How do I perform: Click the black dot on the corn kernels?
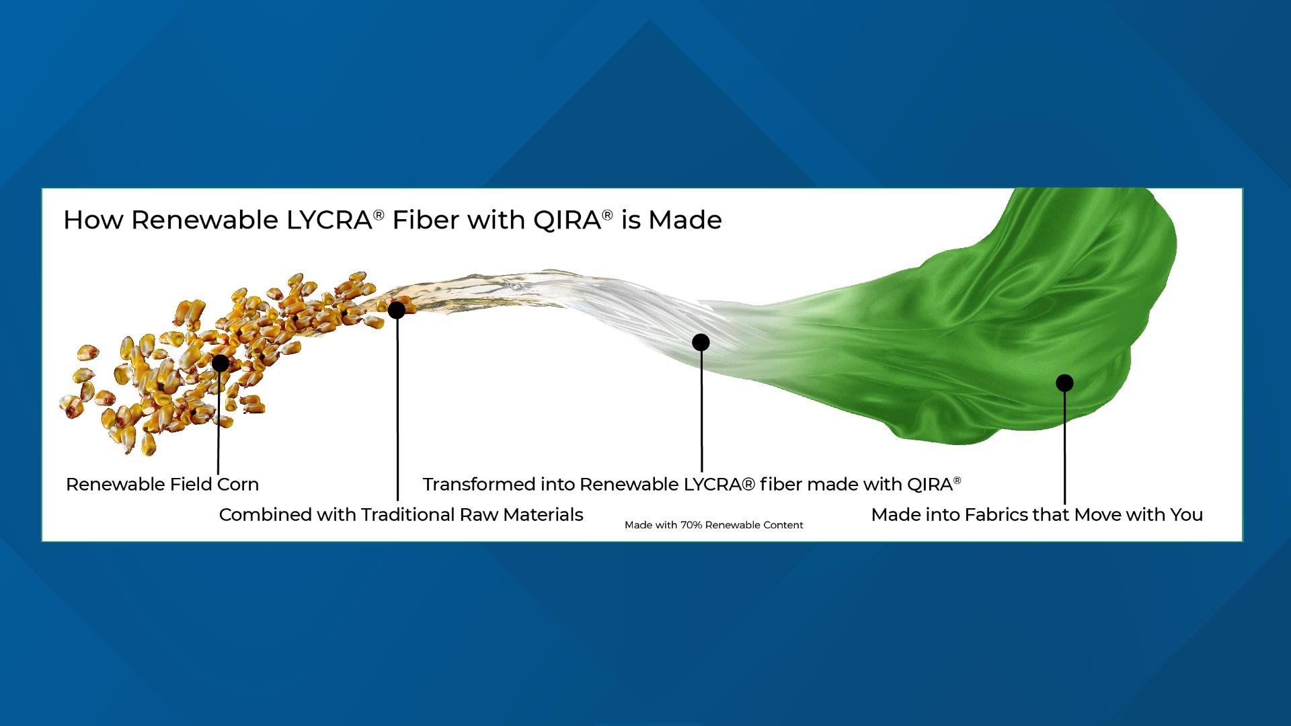[220, 363]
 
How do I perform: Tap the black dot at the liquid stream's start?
[397, 310]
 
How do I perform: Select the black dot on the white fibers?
[701, 342]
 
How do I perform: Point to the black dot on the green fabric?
[1064, 383]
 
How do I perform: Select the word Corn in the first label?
[237, 484]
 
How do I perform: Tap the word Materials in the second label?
[543, 515]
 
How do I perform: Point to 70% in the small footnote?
[691, 525]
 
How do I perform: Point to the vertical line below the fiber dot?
[701, 410]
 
